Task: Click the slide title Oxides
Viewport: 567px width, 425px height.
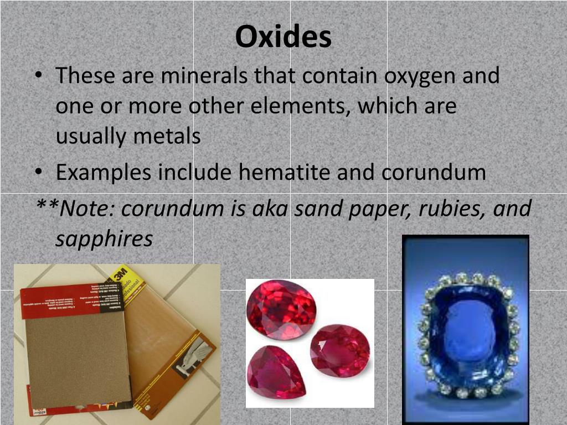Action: click(x=283, y=38)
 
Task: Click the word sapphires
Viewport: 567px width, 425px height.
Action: click(x=104, y=239)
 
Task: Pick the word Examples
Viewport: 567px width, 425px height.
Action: click(x=104, y=173)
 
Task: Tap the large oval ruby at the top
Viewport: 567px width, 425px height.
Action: click(x=281, y=309)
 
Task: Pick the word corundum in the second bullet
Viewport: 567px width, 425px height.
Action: click(x=434, y=173)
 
